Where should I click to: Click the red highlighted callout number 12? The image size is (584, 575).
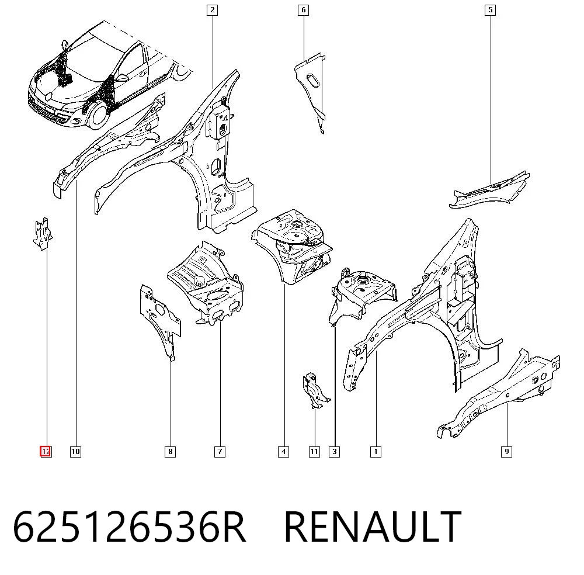pyautogui.click(x=46, y=452)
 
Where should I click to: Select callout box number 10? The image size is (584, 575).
pyautogui.click(x=75, y=452)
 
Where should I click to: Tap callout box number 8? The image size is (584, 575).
pyautogui.click(x=170, y=452)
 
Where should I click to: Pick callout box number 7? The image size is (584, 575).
pyautogui.click(x=220, y=452)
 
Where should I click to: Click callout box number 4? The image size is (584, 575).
pyautogui.click(x=283, y=452)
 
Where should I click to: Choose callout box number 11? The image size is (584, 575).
pyautogui.click(x=314, y=452)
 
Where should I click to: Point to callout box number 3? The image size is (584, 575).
pyautogui.click(x=335, y=452)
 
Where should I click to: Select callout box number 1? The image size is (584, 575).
pyautogui.click(x=376, y=452)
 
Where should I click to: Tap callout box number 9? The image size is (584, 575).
pyautogui.click(x=506, y=452)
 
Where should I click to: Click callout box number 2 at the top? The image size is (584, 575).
pyautogui.click(x=213, y=10)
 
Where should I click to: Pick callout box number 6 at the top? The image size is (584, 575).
pyautogui.click(x=304, y=10)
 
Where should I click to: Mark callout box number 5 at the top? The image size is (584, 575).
pyautogui.click(x=491, y=10)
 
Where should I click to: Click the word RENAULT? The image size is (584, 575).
pyautogui.click(x=373, y=527)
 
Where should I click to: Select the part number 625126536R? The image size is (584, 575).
pyautogui.click(x=129, y=527)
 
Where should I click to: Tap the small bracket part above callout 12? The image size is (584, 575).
pyautogui.click(x=43, y=233)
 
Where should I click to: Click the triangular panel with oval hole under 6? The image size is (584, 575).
pyautogui.click(x=311, y=89)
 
